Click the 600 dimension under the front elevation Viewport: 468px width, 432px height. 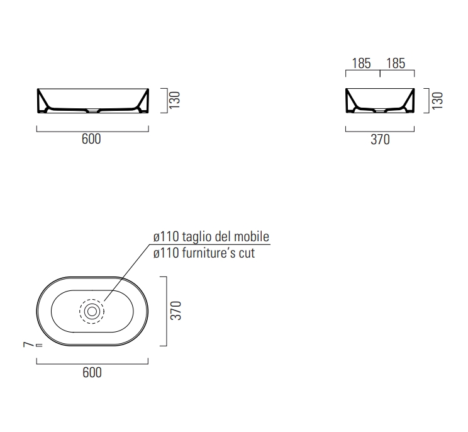[x=91, y=139]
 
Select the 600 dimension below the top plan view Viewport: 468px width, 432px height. [x=92, y=373]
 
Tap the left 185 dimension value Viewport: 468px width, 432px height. [x=361, y=64]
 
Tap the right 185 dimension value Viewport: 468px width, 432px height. [x=396, y=64]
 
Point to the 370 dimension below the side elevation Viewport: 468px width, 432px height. [x=380, y=140]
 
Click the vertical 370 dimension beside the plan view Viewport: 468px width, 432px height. [x=175, y=310]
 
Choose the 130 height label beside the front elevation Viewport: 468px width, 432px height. [x=175, y=100]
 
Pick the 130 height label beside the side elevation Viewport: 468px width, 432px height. [x=438, y=101]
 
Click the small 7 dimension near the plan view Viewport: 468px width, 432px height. [x=28, y=344]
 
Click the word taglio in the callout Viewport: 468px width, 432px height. [x=197, y=237]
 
